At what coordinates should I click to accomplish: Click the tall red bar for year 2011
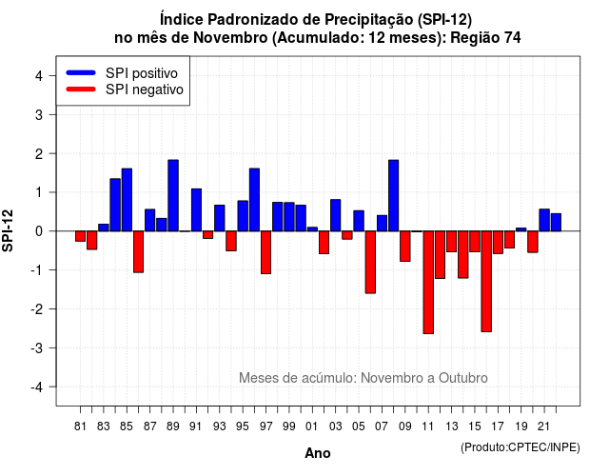[428, 282]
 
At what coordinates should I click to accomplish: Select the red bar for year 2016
[486, 282]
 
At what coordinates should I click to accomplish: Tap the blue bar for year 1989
[173, 195]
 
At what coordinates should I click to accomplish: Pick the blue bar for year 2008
[393, 195]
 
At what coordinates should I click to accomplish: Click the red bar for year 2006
[370, 263]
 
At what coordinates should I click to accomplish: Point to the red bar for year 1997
[265, 252]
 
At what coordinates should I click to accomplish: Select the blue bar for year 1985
[127, 200]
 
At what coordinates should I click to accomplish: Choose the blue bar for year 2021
[544, 220]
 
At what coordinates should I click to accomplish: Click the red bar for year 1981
[80, 236]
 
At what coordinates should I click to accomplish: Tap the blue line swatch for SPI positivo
[81, 72]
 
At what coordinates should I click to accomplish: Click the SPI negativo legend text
[145, 89]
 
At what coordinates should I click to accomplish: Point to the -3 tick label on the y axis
[38, 347]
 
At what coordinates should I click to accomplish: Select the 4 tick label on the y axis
[39, 76]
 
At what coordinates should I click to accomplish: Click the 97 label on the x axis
[266, 426]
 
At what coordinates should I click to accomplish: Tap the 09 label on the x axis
[405, 426]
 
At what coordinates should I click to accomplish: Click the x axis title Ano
[318, 453]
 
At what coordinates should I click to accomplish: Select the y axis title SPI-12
[8, 230]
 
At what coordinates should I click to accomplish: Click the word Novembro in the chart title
[230, 38]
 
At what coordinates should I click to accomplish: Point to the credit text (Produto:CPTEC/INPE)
[521, 447]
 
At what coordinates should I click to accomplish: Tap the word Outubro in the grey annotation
[463, 378]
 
